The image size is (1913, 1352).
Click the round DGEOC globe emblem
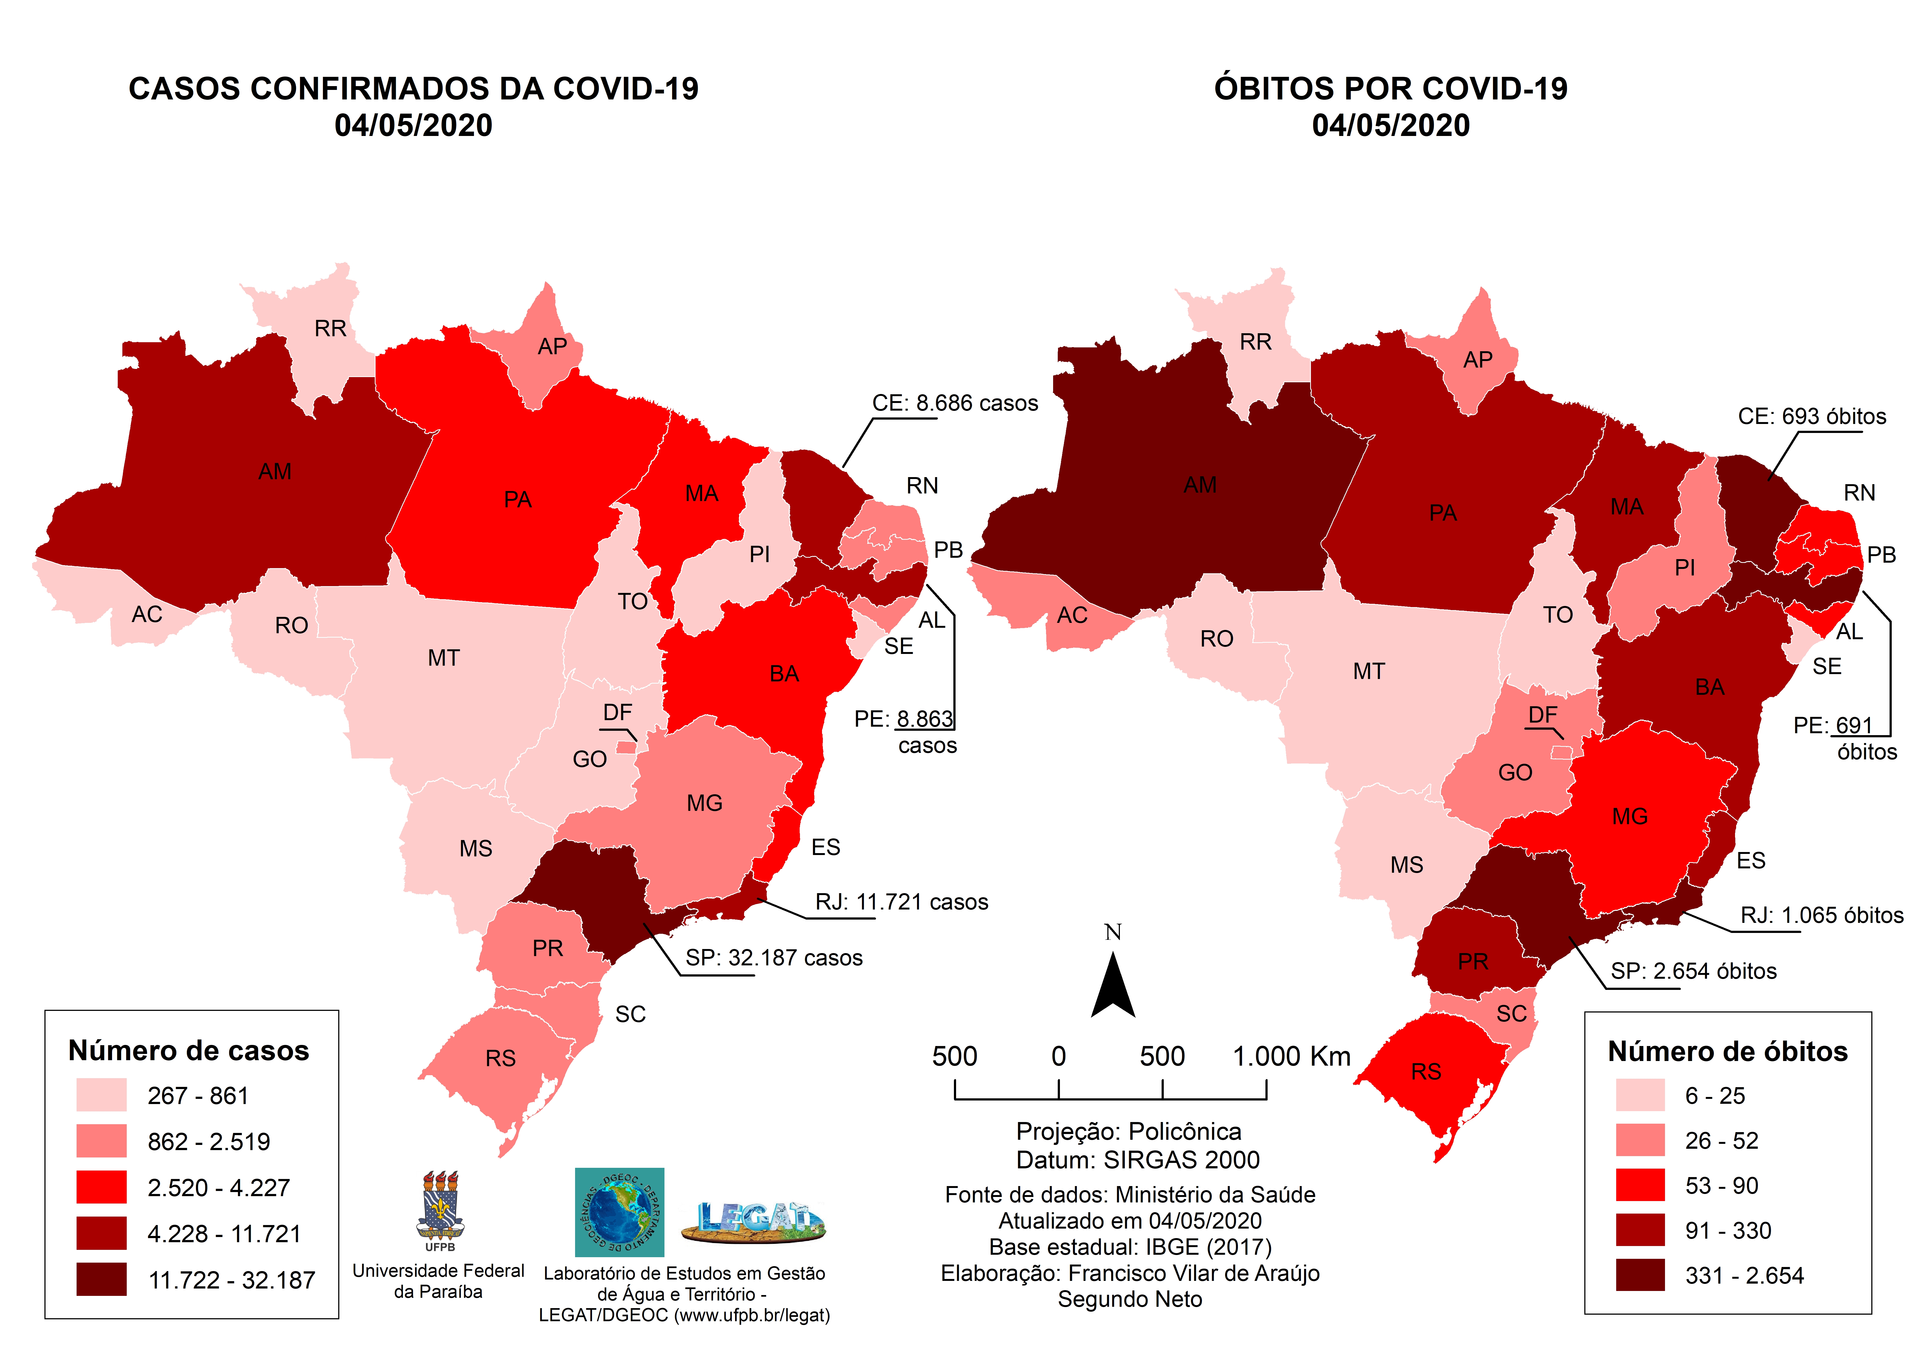coord(619,1212)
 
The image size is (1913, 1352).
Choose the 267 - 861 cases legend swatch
coord(102,1095)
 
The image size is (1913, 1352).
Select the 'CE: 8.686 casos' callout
coord(955,403)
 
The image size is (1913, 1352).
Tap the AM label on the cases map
coord(275,471)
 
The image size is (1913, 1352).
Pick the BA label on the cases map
coord(784,674)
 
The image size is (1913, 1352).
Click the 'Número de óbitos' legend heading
coord(1727,1051)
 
